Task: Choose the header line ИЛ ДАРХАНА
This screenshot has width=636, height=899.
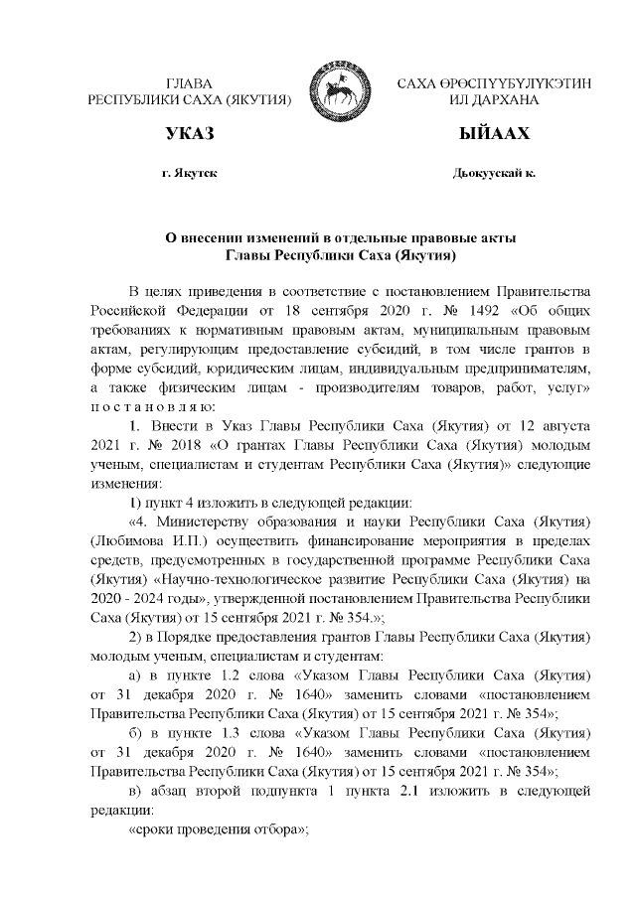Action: click(493, 100)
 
